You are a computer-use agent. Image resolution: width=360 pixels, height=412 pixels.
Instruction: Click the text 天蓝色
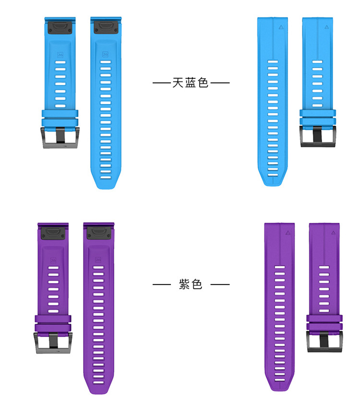(x=191, y=83)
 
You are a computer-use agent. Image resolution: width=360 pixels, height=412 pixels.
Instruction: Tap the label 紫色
(x=191, y=284)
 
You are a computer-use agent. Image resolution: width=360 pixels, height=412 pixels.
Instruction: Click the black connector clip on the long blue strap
(x=106, y=27)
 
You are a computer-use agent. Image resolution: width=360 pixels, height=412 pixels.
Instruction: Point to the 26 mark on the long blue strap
(x=105, y=55)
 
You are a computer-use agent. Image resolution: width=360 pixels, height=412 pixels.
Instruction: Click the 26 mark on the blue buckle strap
(x=60, y=55)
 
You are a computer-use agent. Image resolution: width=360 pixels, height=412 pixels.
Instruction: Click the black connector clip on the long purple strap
(x=98, y=232)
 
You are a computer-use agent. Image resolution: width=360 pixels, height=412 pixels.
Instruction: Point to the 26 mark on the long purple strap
(x=98, y=259)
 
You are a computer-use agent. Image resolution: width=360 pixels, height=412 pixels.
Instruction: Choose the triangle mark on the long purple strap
(x=287, y=232)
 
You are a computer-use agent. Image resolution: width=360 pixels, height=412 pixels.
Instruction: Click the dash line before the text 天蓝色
(x=161, y=83)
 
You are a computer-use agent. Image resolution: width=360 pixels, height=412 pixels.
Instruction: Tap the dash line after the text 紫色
(x=220, y=284)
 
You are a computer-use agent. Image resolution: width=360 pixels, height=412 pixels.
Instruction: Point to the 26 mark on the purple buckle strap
(x=53, y=259)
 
